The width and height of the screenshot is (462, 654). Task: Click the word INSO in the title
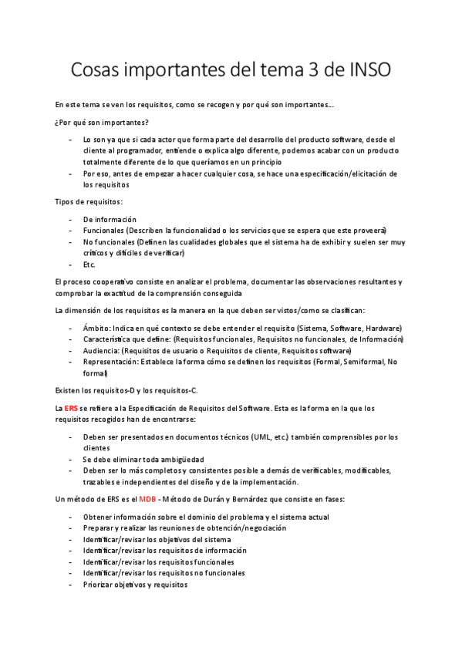[363, 69]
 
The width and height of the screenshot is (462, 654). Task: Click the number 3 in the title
[301, 69]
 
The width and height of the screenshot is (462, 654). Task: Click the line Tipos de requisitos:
[89, 201]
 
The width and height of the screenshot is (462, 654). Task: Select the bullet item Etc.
[89, 264]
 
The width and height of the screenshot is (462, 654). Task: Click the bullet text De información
[110, 219]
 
